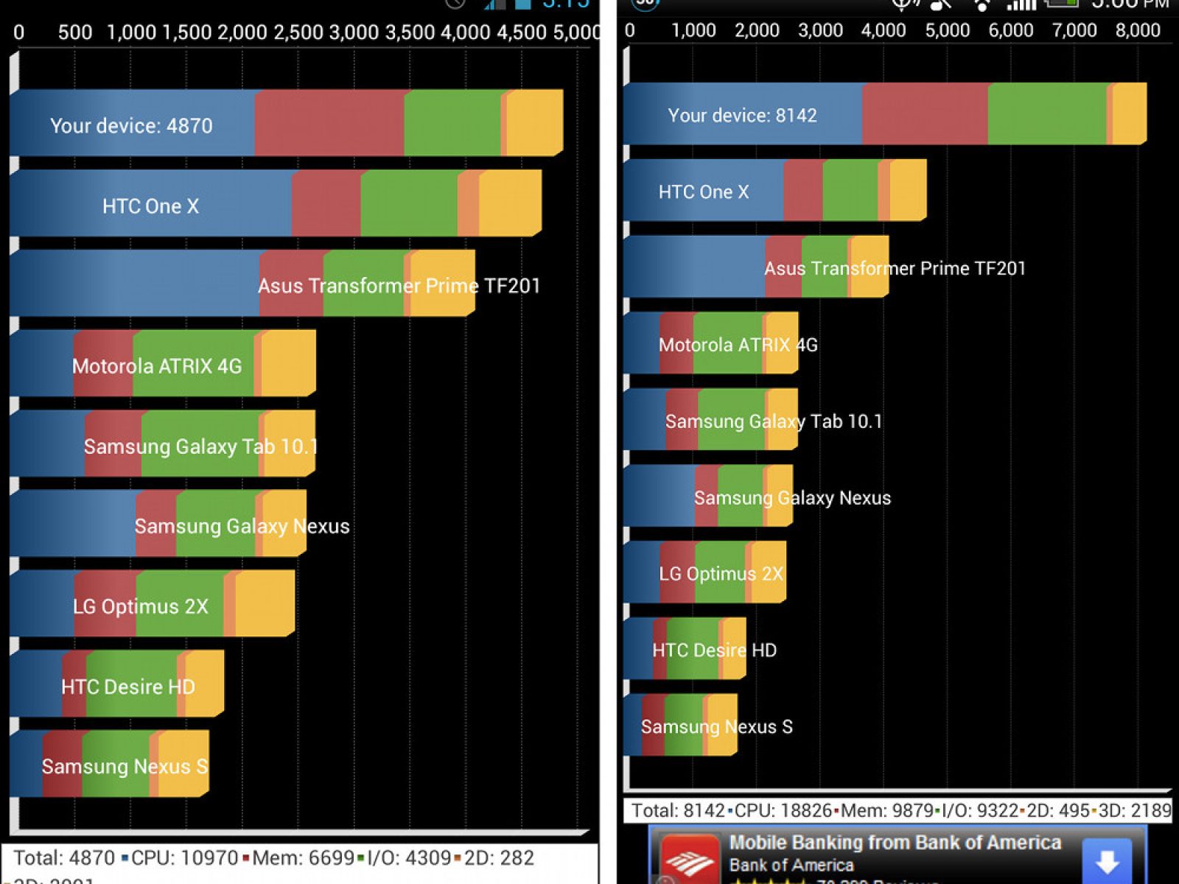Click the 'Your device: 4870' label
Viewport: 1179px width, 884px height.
(x=131, y=126)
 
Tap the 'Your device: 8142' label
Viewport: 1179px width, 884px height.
(x=742, y=116)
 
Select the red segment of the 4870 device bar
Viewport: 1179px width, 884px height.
(x=329, y=123)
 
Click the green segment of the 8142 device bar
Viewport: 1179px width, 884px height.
(x=1046, y=114)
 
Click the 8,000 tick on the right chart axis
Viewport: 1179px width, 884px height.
(x=1137, y=31)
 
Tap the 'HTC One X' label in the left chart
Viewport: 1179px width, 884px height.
(x=150, y=206)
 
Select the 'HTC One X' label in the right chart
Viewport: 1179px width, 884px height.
(x=703, y=192)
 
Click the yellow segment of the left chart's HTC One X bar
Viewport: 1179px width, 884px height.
(x=510, y=203)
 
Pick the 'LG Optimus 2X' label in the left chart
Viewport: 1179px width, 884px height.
(x=140, y=607)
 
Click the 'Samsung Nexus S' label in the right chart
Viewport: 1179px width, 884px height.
(x=716, y=727)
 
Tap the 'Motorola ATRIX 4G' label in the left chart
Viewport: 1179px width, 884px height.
(x=156, y=366)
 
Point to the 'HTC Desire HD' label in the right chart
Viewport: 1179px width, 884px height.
(x=714, y=650)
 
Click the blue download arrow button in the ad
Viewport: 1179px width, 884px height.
(x=1107, y=860)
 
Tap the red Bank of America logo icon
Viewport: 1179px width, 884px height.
(x=690, y=860)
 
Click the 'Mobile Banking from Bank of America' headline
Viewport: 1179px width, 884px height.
(x=895, y=843)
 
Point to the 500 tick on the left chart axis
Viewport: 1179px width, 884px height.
(x=75, y=33)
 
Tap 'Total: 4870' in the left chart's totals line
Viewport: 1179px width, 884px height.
(x=64, y=858)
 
